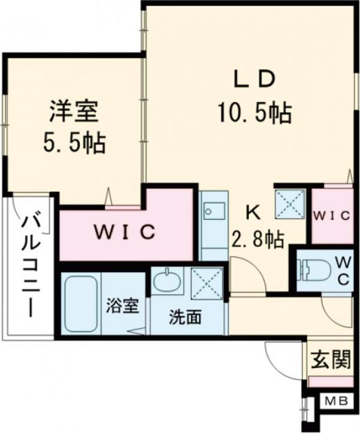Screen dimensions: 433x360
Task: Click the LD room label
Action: coord(254,79)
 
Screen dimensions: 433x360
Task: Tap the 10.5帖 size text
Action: coord(254,111)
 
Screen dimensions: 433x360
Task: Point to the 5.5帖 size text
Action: coord(74,142)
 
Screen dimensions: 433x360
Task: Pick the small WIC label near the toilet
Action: coord(331,216)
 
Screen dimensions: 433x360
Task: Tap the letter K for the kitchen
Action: coord(252,212)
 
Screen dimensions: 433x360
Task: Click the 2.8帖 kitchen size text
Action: coord(258,239)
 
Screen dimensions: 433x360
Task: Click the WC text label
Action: coord(343,271)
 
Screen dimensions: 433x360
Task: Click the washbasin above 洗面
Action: coord(167,279)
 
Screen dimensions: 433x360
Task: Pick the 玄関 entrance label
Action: coord(331,359)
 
